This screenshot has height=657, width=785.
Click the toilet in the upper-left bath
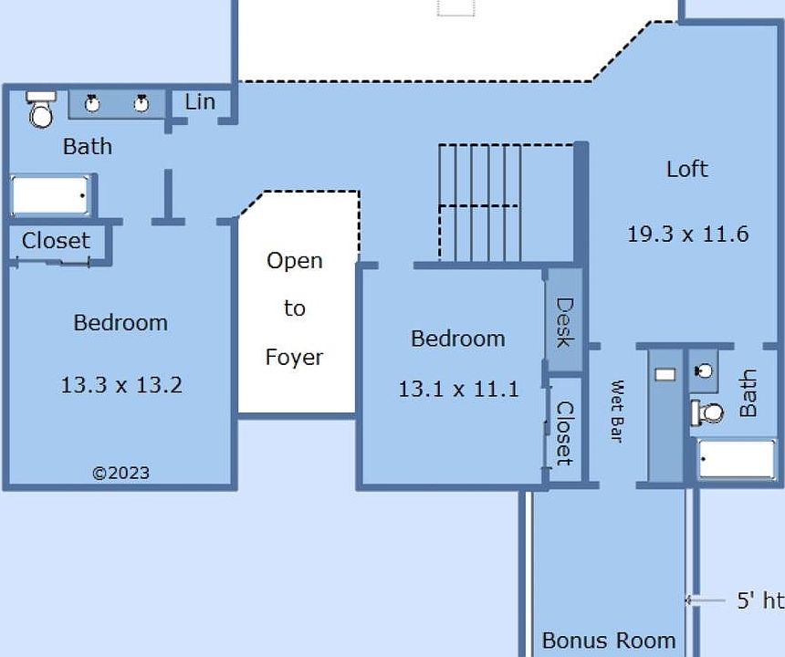(41, 109)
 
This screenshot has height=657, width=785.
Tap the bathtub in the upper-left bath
(49, 195)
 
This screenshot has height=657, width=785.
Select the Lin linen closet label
(200, 102)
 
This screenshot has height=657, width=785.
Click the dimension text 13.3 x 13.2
(121, 385)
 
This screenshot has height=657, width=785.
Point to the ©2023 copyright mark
(121, 473)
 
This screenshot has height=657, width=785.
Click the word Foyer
(294, 358)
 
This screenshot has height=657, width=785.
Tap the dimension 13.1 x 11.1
(458, 389)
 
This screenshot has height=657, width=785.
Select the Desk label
(565, 323)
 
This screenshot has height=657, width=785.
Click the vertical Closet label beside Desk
(565, 433)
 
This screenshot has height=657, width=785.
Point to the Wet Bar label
(618, 412)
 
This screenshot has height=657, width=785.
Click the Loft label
(687, 169)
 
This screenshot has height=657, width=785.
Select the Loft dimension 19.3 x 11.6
(688, 235)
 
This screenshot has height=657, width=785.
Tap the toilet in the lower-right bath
(706, 413)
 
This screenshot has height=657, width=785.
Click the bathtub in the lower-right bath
(737, 458)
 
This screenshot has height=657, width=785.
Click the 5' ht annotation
(760, 600)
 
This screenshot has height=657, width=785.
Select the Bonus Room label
(609, 641)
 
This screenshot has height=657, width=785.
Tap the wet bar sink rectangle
(665, 374)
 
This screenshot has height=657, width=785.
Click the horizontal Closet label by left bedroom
(56, 241)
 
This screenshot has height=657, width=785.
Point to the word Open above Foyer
(294, 261)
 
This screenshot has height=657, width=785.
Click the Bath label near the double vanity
(88, 147)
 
